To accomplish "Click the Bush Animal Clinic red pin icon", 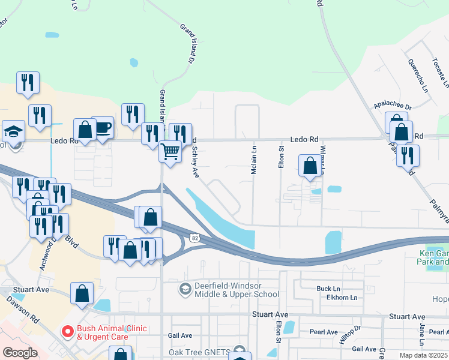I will [67, 331].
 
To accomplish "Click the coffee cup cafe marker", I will [103, 127].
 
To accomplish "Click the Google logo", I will [20, 353].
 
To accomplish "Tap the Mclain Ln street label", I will [253, 161].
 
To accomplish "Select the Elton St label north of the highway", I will [281, 156].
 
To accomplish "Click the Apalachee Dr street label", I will [391, 105].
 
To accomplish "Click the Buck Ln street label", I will [328, 289].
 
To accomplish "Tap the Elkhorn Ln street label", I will [337, 298].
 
